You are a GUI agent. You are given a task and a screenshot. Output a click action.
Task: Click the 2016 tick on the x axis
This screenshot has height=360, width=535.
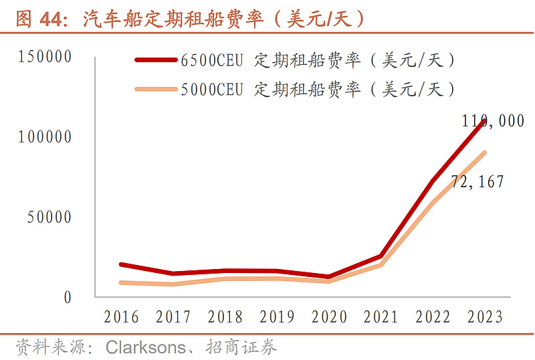click(121, 317)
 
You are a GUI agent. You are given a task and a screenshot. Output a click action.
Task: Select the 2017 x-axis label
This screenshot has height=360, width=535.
click(173, 317)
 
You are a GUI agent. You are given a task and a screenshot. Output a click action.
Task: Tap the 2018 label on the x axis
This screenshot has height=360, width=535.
click(225, 317)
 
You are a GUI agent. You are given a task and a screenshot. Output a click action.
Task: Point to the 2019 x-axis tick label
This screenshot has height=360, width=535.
click(278, 317)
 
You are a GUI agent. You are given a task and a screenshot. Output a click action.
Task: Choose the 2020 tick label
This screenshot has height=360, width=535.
click(330, 317)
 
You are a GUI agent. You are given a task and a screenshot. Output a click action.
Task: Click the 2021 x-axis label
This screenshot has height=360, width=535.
click(381, 317)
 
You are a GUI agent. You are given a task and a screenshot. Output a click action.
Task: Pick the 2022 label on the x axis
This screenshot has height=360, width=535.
click(433, 317)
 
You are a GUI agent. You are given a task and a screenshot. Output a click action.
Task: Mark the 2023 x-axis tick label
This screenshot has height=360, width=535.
click(485, 317)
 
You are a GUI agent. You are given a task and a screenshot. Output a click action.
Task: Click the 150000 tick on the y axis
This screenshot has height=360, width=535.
click(45, 57)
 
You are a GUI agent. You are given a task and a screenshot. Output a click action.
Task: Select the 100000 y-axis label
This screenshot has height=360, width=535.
click(45, 137)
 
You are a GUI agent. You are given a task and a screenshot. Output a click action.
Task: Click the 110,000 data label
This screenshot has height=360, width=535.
click(493, 121)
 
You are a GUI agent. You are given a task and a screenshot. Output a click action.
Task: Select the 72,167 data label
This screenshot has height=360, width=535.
click(477, 181)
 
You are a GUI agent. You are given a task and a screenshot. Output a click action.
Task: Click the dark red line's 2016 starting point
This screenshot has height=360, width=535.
click(121, 265)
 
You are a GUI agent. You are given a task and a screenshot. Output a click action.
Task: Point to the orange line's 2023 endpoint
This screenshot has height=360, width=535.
click(484, 153)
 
